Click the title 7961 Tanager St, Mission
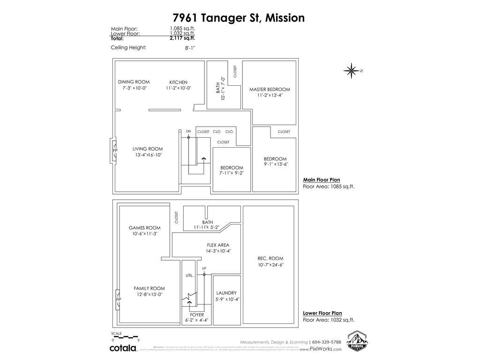pos(239,18)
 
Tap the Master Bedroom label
pos(270,89)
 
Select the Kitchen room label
pos(178,82)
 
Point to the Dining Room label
pos(134,82)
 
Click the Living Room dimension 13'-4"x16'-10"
pos(149,155)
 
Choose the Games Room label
pos(144,228)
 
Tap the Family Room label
pos(149,288)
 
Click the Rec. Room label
pos(270,258)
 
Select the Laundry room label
pos(226,293)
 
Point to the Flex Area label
pos(218,245)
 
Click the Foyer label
pos(197,315)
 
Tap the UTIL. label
pos(190,276)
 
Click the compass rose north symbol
pos(351,70)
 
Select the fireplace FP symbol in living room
pos(115,150)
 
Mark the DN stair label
pos(188,131)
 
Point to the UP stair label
pos(204,268)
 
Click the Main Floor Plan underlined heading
pos(321,180)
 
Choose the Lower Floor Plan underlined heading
pos(322,313)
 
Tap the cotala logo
pos(123,348)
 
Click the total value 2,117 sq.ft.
pos(182,38)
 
